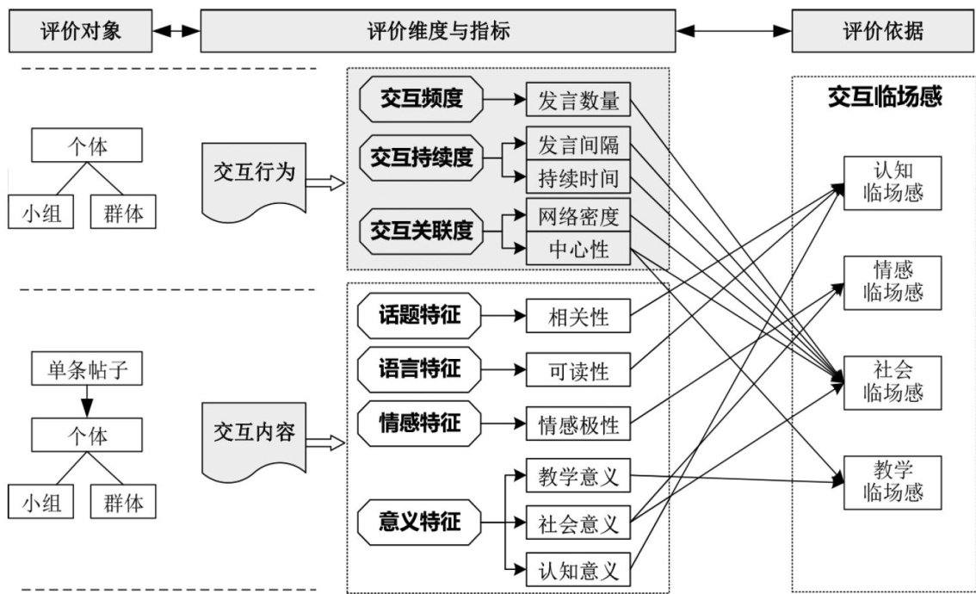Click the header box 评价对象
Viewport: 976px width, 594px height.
pyautogui.click(x=80, y=32)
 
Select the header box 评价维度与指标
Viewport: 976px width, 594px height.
pyautogui.click(x=437, y=32)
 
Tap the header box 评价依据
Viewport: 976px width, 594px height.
pyautogui.click(x=882, y=32)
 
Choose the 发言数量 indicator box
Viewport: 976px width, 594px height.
pyautogui.click(x=578, y=100)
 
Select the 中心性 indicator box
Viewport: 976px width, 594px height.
pyautogui.click(x=578, y=250)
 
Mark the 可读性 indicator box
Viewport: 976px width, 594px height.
pyautogui.click(x=578, y=371)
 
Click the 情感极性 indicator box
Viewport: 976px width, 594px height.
pyautogui.click(x=578, y=425)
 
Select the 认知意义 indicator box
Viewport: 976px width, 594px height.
pyautogui.click(x=578, y=570)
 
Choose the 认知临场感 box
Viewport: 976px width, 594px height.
pyautogui.click(x=892, y=183)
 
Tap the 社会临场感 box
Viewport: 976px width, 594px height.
pyautogui.click(x=892, y=381)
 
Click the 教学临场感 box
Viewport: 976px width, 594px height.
pyautogui.click(x=892, y=481)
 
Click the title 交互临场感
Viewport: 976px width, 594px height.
pyautogui.click(x=885, y=96)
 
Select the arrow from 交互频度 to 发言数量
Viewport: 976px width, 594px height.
pyautogui.click(x=505, y=100)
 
